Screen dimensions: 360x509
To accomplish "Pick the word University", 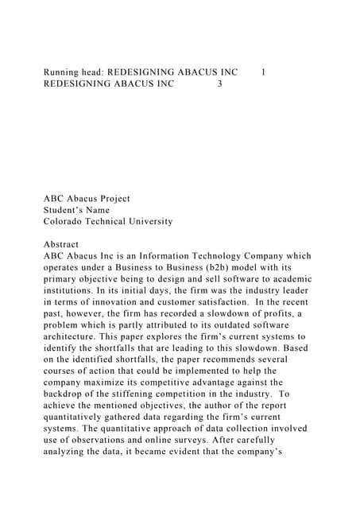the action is [x=145, y=221].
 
